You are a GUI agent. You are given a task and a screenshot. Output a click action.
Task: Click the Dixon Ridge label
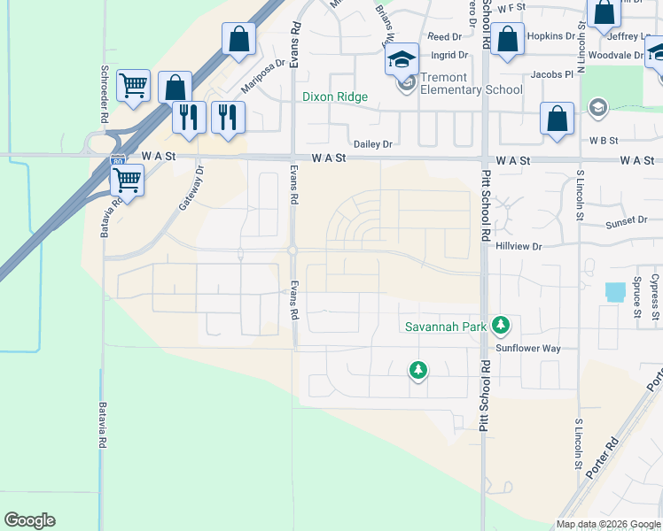[334, 96]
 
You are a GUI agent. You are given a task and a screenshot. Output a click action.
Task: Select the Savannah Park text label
[446, 327]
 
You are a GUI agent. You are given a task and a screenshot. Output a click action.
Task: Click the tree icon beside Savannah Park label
[501, 326]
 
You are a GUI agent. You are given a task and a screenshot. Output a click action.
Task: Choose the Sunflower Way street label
[528, 349]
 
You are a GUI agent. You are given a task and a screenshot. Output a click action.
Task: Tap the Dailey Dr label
[372, 143]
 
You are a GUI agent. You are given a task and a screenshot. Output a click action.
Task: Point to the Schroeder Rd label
[105, 81]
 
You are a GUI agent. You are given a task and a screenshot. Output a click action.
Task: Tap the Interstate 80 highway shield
[118, 162]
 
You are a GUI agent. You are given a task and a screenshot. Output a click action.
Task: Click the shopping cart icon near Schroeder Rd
[133, 86]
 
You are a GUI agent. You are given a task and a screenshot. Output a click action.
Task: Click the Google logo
[30, 520]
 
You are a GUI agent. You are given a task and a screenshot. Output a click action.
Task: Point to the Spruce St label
[636, 297]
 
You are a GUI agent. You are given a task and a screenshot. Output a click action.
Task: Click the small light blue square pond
[612, 291]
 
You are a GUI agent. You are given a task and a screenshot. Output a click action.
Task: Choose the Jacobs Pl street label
[552, 75]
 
